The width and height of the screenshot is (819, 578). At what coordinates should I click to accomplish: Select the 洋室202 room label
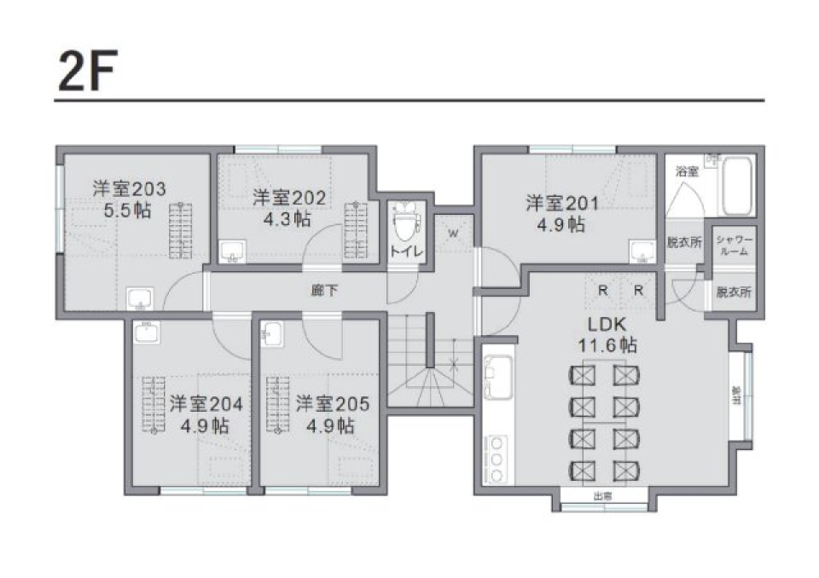(x=289, y=198)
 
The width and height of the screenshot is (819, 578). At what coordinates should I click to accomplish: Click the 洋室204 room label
(x=206, y=403)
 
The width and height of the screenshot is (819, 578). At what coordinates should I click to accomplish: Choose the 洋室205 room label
(x=333, y=403)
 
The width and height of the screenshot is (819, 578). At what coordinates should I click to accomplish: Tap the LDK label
(x=607, y=325)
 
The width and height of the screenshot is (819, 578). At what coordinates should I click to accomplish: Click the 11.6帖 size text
(x=607, y=345)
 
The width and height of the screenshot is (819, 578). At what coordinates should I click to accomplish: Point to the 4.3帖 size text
(x=289, y=218)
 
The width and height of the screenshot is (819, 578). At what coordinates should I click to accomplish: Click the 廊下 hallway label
(x=324, y=291)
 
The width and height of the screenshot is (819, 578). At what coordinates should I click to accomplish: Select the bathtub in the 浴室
(x=735, y=188)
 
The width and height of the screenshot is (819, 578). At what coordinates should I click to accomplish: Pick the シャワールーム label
(x=733, y=245)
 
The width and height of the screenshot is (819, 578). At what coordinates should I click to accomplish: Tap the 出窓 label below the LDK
(x=603, y=496)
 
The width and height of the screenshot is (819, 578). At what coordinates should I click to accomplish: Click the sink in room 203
(x=139, y=298)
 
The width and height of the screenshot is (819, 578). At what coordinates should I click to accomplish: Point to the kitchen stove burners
(x=496, y=458)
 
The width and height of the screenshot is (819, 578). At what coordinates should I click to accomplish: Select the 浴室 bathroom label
(x=688, y=171)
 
